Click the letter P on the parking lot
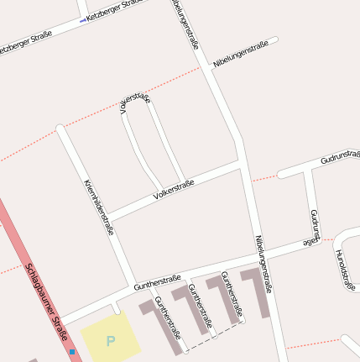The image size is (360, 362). pos(110,341)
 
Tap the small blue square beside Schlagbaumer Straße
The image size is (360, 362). pos(72,351)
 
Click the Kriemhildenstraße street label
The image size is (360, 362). pos(98,206)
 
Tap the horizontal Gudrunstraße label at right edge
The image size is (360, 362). pos(339,157)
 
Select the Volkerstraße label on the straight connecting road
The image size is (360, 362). pos(173,190)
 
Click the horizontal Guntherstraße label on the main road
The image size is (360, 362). pos(157,281)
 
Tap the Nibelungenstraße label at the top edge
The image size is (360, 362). pos(185,23)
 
